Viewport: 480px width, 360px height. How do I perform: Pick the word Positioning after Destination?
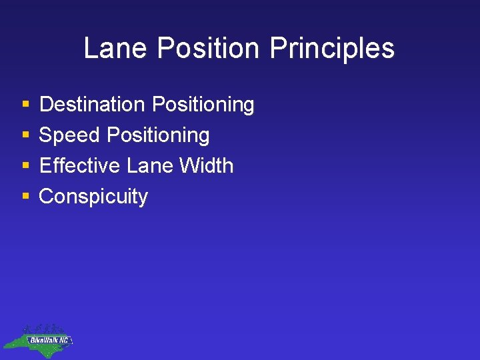[x=203, y=105]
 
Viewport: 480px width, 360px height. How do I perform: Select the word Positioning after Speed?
[x=158, y=136]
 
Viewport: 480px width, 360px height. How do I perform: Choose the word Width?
[x=208, y=165]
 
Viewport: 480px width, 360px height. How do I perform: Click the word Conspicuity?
[x=93, y=197]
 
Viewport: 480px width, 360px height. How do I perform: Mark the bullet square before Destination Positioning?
[x=25, y=105]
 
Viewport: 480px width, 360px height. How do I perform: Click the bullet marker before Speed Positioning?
[x=25, y=136]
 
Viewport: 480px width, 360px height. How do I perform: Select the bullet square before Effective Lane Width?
[x=25, y=166]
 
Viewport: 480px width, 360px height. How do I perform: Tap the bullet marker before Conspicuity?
[x=25, y=197]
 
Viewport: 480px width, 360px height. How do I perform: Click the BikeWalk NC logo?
[x=38, y=338]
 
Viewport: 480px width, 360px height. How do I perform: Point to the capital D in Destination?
[x=46, y=105]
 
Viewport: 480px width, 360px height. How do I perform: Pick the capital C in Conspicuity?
[x=47, y=197]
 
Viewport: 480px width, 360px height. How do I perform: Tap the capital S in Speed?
[x=46, y=135]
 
